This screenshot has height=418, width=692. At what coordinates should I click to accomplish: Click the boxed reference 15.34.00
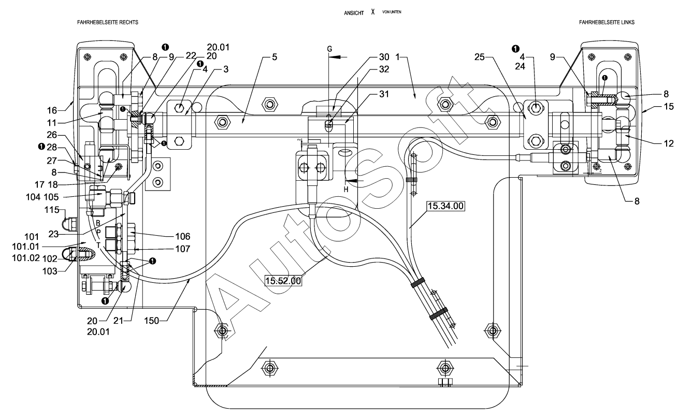click(445, 206)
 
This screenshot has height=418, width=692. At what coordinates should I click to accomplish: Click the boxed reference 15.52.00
click(283, 281)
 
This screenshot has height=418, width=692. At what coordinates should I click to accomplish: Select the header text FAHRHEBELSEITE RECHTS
click(108, 23)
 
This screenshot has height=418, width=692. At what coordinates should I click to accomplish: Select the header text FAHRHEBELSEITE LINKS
click(607, 23)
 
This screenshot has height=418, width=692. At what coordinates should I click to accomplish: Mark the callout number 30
click(384, 57)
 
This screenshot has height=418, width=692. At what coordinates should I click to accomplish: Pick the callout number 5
click(273, 57)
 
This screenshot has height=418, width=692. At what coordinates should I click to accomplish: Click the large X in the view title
click(372, 11)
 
